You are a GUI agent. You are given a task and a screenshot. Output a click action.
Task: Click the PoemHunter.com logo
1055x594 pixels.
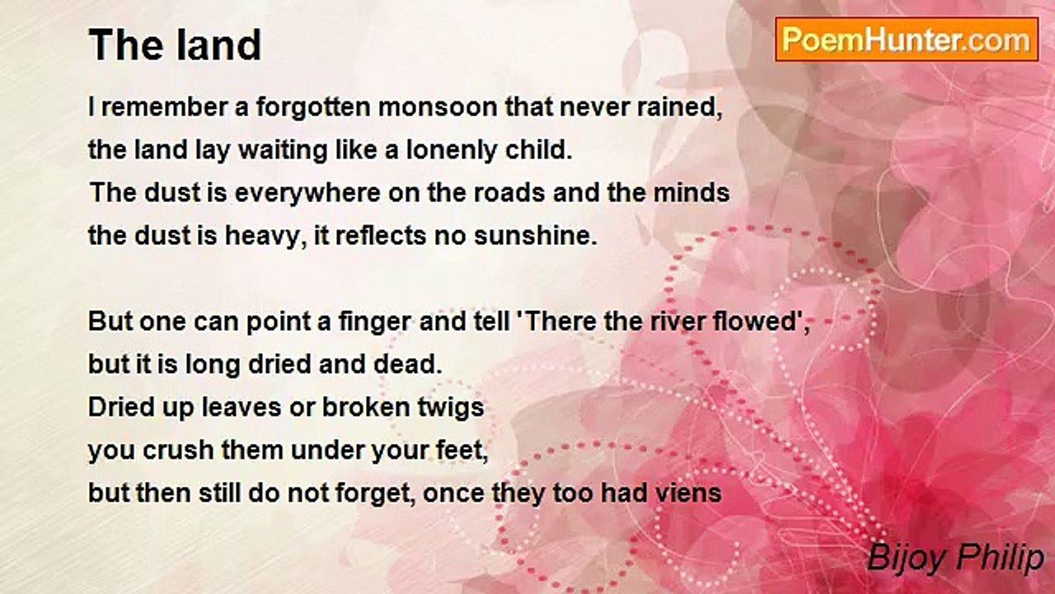pos(907,40)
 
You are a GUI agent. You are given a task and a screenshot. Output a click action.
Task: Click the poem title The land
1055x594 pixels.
pos(175,45)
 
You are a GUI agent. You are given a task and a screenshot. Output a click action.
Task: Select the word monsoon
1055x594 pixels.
pos(438,107)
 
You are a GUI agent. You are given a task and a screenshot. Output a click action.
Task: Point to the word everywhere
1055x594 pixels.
pos(307,194)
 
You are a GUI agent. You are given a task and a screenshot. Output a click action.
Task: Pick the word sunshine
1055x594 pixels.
pos(535,236)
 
